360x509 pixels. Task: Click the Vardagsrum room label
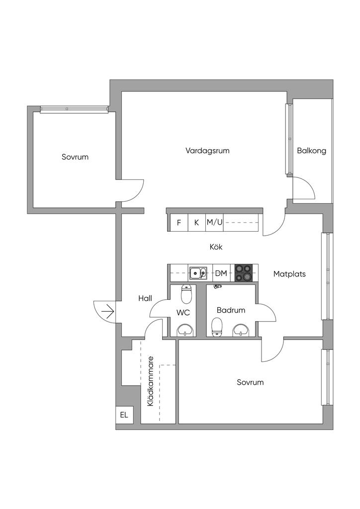click(x=207, y=151)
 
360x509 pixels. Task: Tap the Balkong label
click(x=312, y=151)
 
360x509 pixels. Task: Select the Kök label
click(x=216, y=247)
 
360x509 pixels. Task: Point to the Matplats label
click(x=289, y=274)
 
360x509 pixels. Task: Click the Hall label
click(x=145, y=298)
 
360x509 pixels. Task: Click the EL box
click(x=124, y=415)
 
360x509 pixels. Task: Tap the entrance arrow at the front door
click(x=107, y=312)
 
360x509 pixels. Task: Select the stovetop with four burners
click(x=244, y=273)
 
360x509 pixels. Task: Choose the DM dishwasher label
click(x=221, y=273)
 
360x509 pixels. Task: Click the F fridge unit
click(x=179, y=223)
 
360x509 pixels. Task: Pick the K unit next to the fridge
click(x=196, y=223)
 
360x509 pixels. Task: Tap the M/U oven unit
click(x=215, y=223)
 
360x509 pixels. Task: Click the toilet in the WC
click(x=186, y=293)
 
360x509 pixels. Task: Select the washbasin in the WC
click(x=186, y=331)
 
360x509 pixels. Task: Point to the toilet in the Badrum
click(x=216, y=327)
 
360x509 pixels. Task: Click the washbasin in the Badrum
click(x=242, y=330)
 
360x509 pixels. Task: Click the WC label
click(x=183, y=313)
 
